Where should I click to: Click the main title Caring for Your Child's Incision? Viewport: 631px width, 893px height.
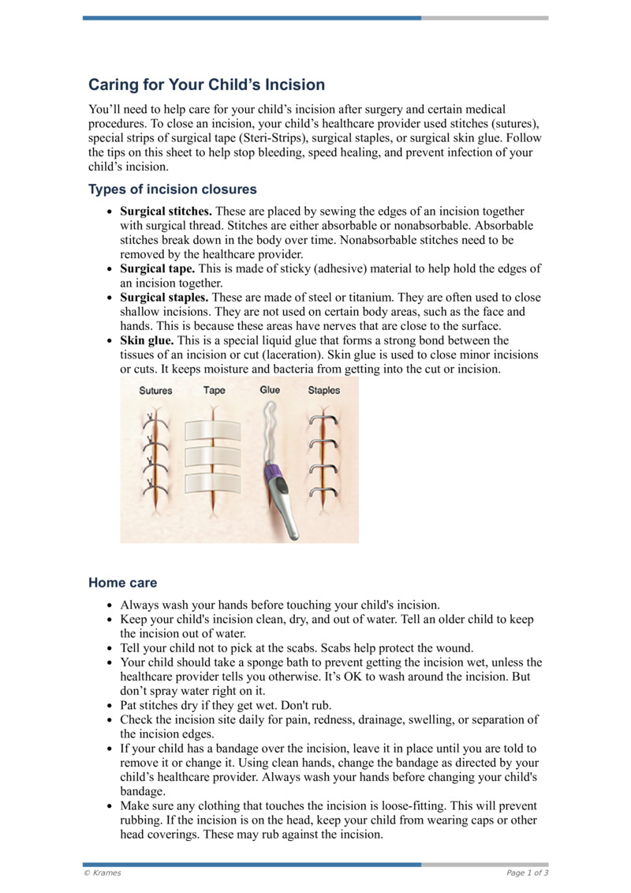206,84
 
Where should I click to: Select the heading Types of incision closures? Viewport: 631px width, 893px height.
172,189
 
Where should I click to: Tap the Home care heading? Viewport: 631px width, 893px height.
122,583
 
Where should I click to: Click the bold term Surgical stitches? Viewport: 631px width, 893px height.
166,212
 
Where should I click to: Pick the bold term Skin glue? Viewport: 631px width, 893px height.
147,340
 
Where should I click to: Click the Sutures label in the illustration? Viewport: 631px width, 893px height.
155,390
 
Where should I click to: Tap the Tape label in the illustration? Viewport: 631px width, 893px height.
214,390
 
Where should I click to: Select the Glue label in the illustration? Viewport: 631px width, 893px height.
270,390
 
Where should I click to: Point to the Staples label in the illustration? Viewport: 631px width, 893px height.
324,390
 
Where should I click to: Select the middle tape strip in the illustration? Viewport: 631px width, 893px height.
212,457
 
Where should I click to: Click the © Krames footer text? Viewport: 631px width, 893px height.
103,872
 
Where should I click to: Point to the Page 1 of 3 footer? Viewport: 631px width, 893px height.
527,872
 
